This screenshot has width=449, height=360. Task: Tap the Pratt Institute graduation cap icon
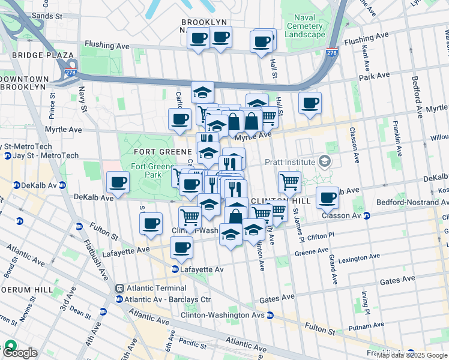click(325, 161)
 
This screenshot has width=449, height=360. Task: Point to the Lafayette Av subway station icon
click(175, 269)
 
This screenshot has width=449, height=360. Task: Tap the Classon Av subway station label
click(342, 215)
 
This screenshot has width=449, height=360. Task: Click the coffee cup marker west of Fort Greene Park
click(118, 182)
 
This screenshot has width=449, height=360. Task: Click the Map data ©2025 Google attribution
click(412, 355)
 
